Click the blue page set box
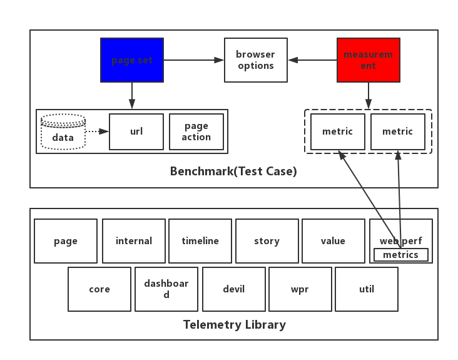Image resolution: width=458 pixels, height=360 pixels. coord(132,60)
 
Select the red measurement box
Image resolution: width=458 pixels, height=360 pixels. coord(368,60)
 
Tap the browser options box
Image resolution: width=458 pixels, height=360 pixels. coord(255,60)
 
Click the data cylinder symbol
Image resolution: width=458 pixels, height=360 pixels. coord(63,132)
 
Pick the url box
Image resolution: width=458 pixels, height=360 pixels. coord(136,131)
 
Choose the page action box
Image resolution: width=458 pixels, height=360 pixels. coord(196,131)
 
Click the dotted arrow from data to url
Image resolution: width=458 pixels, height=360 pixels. coord(97,131)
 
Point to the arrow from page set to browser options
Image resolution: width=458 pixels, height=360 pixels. coord(193,60)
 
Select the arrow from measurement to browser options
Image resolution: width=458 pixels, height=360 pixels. coord(312,60)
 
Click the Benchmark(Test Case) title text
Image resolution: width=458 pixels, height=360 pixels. coord(233,171)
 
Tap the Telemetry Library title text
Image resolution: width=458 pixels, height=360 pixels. coord(234,324)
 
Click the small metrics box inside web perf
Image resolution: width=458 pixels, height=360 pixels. coord(400,255)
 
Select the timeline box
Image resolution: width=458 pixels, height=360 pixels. coord(200,240)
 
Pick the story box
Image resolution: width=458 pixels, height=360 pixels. coord(267,240)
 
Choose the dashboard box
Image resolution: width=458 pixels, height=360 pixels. coord(166,289)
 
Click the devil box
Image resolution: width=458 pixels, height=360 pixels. coord(233,289)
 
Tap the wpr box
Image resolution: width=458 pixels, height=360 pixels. coord(300,289)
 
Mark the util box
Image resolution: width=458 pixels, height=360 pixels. coord(366,289)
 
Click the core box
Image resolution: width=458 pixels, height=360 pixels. coord(99,289)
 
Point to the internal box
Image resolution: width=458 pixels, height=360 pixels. coord(134,240)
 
